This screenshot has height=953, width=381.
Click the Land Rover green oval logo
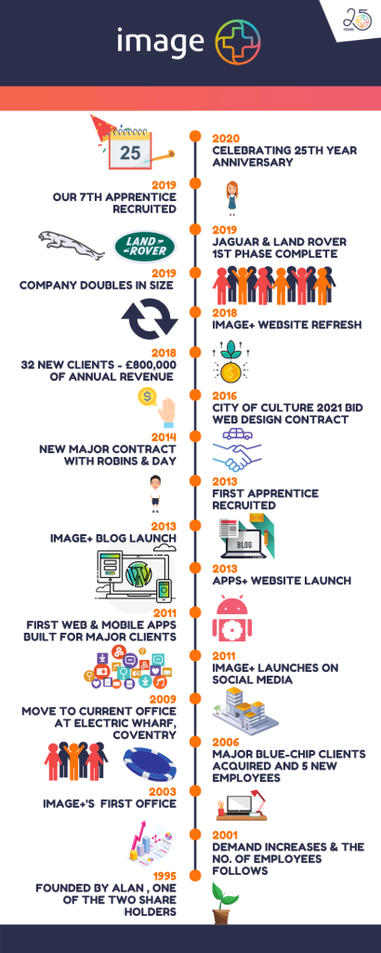click(x=145, y=247)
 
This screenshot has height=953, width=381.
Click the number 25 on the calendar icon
click(x=130, y=152)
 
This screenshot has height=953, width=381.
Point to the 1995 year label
click(x=165, y=876)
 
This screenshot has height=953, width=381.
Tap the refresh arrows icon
click(x=150, y=319)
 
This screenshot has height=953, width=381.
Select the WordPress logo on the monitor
click(x=138, y=574)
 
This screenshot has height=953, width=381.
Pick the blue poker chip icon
click(x=150, y=764)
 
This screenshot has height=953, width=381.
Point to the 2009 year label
click(x=165, y=698)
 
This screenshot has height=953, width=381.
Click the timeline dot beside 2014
click(x=195, y=436)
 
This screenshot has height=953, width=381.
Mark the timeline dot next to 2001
click(x=195, y=833)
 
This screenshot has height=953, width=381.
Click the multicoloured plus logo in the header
click(x=239, y=40)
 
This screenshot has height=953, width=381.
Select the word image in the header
click(x=160, y=41)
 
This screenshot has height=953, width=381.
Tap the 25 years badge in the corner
click(x=358, y=20)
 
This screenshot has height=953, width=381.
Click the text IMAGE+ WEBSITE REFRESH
click(x=287, y=325)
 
